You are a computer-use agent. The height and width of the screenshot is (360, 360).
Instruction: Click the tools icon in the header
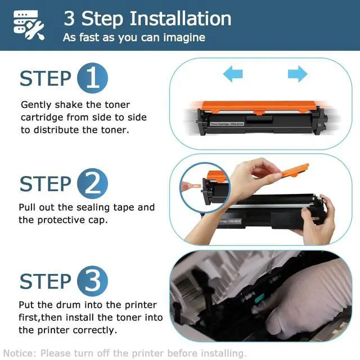coord(29,25)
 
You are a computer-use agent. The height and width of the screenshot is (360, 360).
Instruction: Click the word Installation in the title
coord(181,19)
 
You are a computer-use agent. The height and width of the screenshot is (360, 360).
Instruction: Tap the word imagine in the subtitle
coord(184,38)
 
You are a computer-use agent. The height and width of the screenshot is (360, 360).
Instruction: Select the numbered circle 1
coord(92,78)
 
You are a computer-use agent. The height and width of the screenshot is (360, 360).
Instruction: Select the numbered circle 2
coord(92,183)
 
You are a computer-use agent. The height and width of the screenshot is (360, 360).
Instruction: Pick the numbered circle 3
coord(92,281)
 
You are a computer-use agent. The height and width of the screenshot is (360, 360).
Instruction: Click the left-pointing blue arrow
coord(233,74)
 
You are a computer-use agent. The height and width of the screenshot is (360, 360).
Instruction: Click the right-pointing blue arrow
coord(298,74)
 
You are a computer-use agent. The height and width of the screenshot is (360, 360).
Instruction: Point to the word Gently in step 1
coord(36,105)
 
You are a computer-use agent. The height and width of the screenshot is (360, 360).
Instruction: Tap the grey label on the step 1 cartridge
coord(227,124)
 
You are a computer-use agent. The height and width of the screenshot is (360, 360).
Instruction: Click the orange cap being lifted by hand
coord(294,170)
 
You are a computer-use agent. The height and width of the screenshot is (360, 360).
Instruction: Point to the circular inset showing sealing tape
coord(205,187)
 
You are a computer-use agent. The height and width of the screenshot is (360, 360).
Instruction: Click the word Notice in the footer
coord(20,353)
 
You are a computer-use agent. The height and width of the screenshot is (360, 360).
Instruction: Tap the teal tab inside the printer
coord(260,298)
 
